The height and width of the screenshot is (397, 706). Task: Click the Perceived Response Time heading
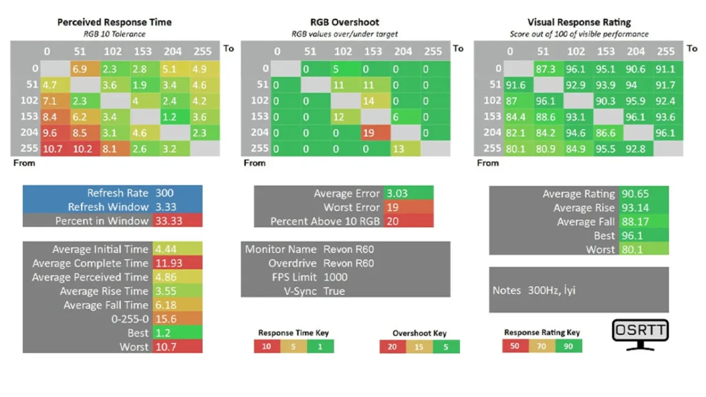coord(114,22)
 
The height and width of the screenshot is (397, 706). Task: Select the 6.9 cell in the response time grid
coord(85,69)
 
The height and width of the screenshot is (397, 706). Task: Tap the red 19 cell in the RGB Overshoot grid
coord(375,133)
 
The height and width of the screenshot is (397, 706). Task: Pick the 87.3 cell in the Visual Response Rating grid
coord(548,69)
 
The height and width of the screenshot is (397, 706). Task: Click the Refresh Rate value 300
coord(164,193)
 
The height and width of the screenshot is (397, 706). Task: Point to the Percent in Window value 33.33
coord(169,221)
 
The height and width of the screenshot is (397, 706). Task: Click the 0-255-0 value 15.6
coord(166,319)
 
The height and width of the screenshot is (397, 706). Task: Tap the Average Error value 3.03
coord(397,194)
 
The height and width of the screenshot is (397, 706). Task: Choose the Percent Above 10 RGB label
coord(325,221)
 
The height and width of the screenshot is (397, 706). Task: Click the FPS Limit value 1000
coord(336,277)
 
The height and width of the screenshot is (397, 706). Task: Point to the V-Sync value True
coord(334,291)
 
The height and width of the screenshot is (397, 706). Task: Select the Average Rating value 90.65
coord(635,194)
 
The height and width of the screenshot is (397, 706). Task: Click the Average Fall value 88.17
coord(635,222)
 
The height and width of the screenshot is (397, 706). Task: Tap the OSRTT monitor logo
coord(640,335)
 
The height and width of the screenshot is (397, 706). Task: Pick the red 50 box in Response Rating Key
coord(515,346)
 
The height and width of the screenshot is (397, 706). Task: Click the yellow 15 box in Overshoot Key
coord(419,347)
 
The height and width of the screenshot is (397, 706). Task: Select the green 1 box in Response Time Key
coord(320,347)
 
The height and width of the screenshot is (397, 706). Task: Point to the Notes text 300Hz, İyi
coord(552,290)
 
